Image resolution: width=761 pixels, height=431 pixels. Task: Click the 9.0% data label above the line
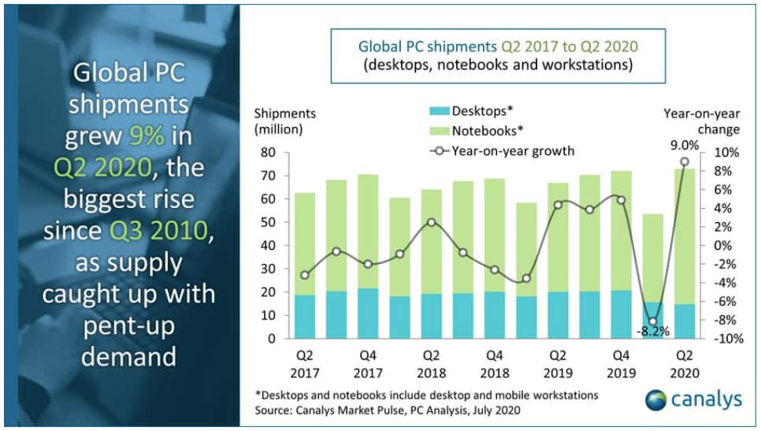pyautogui.click(x=683, y=144)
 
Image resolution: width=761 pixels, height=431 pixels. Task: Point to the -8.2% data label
pyautogui.click(x=651, y=331)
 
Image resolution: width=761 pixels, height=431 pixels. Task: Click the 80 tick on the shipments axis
pyautogui.click(x=268, y=153)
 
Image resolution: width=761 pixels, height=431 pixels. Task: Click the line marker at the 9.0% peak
pyautogui.click(x=684, y=162)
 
